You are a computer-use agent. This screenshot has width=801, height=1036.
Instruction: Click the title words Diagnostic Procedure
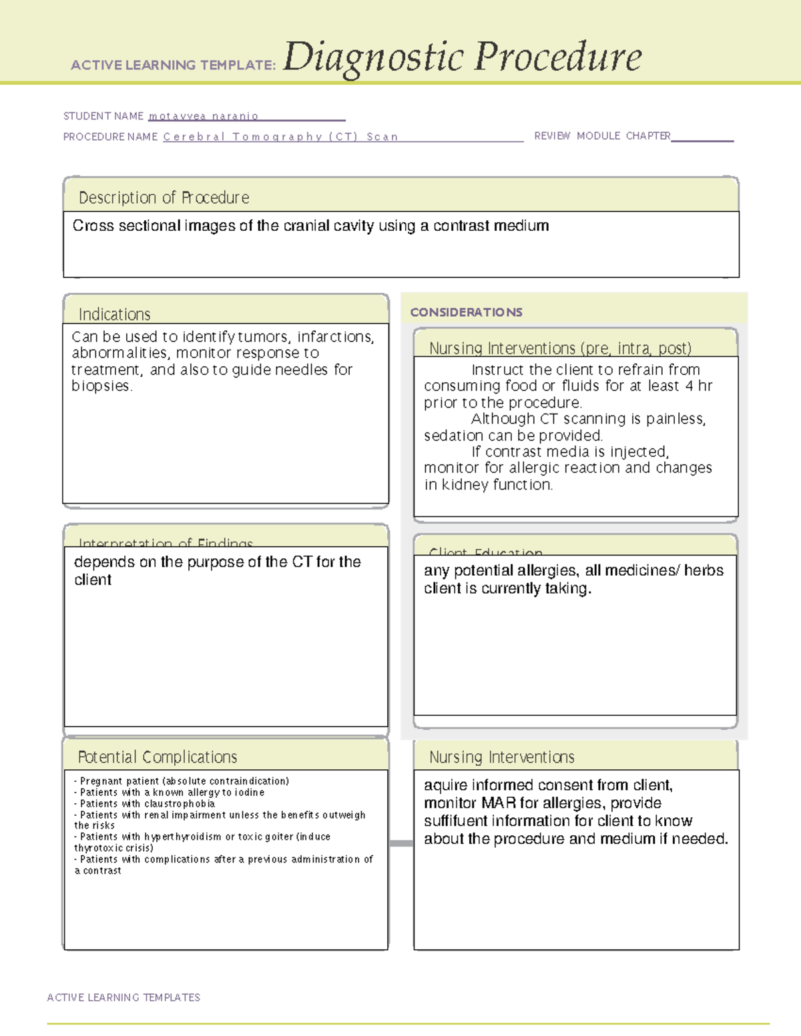coord(462,57)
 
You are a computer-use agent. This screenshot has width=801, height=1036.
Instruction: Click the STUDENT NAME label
coord(103,116)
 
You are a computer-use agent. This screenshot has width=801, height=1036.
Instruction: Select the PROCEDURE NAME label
coord(110,137)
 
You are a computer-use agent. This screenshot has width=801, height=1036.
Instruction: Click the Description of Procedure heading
coord(164,197)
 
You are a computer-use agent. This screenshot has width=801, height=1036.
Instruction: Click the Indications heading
coord(114,314)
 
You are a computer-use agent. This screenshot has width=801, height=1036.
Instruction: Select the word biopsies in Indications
coord(101,386)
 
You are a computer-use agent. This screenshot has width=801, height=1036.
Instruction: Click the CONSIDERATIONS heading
coord(466,312)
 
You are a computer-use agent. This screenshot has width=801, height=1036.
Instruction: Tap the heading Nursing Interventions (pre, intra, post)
coord(560,348)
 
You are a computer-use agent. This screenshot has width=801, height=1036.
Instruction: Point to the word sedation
coord(453,436)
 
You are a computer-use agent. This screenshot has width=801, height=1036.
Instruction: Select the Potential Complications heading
coord(158,757)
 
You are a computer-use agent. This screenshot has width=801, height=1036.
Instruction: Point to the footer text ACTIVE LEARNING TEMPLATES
coord(123,997)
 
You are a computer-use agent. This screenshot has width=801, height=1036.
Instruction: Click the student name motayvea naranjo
coord(203,116)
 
